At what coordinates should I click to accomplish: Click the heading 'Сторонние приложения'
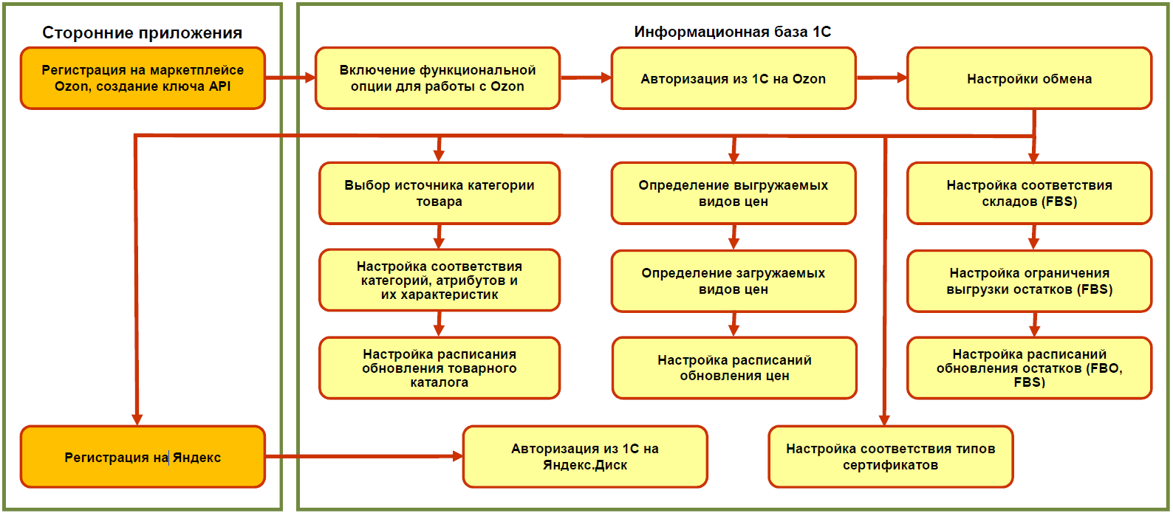142,32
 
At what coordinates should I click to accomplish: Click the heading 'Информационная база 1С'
732,32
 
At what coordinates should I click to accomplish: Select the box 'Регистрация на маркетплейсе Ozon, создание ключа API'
143,78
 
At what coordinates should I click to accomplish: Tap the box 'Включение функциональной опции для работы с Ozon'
437,78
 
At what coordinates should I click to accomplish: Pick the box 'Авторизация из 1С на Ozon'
733,78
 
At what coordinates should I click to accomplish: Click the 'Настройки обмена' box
1029,78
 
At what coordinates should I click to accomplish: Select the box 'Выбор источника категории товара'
439,193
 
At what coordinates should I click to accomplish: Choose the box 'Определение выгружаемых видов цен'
733,193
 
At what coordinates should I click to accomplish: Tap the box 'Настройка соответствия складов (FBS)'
1029,193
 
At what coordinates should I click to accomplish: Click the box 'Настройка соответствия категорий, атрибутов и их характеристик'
439,280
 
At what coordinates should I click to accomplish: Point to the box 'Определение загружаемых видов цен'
733,281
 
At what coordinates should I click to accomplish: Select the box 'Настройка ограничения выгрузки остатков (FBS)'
1029,281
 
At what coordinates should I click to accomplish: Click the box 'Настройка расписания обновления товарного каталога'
439,368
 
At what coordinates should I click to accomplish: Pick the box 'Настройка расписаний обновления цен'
734,368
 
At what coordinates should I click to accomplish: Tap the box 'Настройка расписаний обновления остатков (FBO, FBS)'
1029,368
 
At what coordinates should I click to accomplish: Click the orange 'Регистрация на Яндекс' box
143,457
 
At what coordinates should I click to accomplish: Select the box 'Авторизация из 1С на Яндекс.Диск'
585,457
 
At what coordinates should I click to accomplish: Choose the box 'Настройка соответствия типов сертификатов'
890,457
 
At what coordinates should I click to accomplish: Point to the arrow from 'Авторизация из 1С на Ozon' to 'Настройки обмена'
881,78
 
